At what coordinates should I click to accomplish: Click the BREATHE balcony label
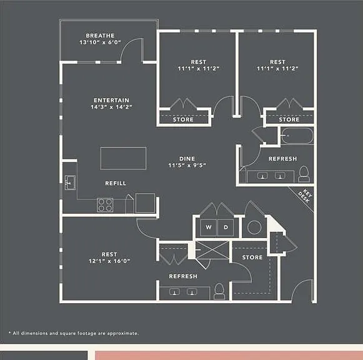pyautogui.click(x=100, y=36)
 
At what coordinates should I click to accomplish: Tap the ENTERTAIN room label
pyautogui.click(x=111, y=100)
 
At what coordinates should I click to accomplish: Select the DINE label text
pyautogui.click(x=187, y=159)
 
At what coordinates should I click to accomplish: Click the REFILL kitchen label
pyautogui.click(x=116, y=183)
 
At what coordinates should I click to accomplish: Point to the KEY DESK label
pyautogui.click(x=306, y=196)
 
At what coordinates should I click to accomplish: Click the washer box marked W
pyautogui.click(x=209, y=227)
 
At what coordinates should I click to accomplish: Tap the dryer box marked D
pyautogui.click(x=226, y=227)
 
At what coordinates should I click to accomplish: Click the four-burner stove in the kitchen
pyautogui.click(x=105, y=205)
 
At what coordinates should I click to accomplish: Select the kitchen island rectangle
pyautogui.click(x=123, y=158)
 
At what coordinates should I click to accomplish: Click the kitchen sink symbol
pyautogui.click(x=70, y=182)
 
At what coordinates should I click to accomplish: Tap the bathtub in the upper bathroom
pyautogui.click(x=297, y=136)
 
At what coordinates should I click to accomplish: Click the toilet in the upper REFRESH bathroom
pyautogui.click(x=304, y=174)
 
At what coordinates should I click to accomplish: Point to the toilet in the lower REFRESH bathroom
pyautogui.click(x=219, y=291)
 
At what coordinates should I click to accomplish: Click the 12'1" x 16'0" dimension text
pyautogui.click(x=109, y=261)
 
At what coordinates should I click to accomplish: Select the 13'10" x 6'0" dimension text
pyautogui.click(x=100, y=42)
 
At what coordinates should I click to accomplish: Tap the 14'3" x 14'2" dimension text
pyautogui.click(x=111, y=107)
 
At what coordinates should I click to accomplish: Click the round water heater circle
pyautogui.click(x=254, y=227)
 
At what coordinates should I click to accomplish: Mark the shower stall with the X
pyautogui.click(x=212, y=250)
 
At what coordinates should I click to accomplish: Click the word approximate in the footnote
pyautogui.click(x=122, y=333)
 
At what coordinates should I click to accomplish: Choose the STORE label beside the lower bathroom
pyautogui.click(x=252, y=257)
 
